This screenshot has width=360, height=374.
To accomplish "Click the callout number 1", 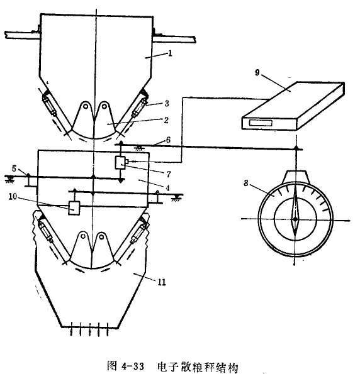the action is point(170,53).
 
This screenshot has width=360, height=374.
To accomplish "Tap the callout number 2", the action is point(166,120).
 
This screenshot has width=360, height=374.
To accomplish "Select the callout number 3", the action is point(167,104).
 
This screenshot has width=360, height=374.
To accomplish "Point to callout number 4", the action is point(167,188).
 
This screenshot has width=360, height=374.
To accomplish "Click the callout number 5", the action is point(14,169).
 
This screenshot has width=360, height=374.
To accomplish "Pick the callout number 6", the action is point(169,140).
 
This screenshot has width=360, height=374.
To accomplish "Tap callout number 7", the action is point(169,174).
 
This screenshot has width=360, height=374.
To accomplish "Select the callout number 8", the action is point(246,183).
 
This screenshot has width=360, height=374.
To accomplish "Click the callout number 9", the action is point(257,72).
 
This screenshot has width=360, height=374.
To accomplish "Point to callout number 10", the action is point(13,197).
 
